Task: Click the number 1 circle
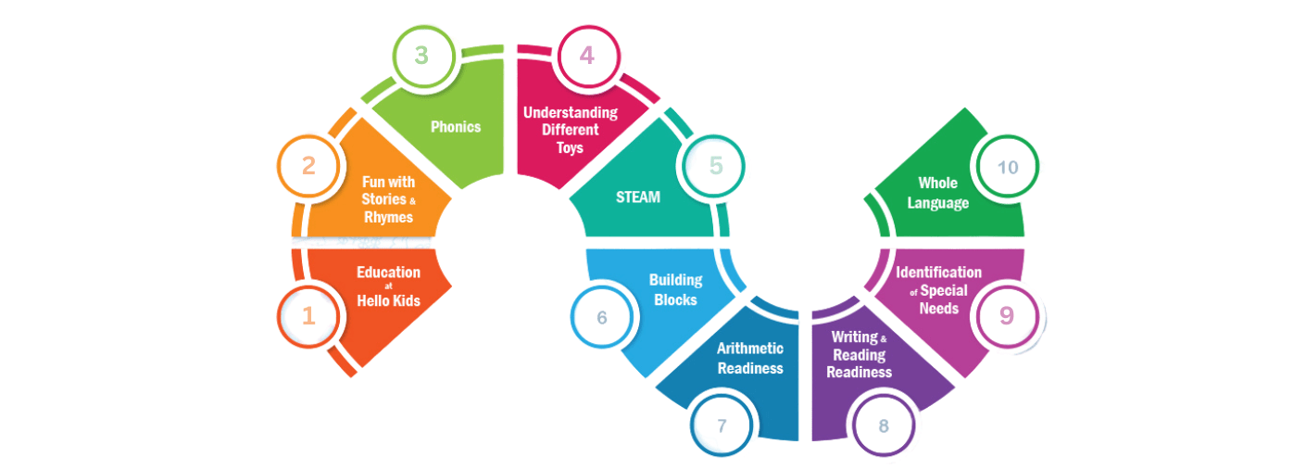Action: click(x=308, y=316)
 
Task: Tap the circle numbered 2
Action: click(x=308, y=167)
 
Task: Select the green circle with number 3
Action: click(x=421, y=56)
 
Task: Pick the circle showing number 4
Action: click(x=587, y=56)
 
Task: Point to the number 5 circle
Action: click(x=715, y=167)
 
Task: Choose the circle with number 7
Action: click(x=722, y=426)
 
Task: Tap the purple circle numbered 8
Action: click(x=884, y=426)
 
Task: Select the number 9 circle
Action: click(x=1006, y=315)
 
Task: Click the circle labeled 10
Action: click(x=1007, y=167)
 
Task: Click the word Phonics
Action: click(x=456, y=126)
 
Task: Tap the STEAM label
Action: click(x=638, y=197)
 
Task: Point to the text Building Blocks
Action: click(x=675, y=289)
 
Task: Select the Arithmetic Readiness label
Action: click(x=749, y=358)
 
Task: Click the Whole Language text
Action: click(x=937, y=193)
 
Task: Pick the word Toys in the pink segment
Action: click(x=571, y=147)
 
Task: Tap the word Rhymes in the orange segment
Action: click(x=388, y=217)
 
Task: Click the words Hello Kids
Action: click(x=388, y=299)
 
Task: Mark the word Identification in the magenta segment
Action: click(x=938, y=272)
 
